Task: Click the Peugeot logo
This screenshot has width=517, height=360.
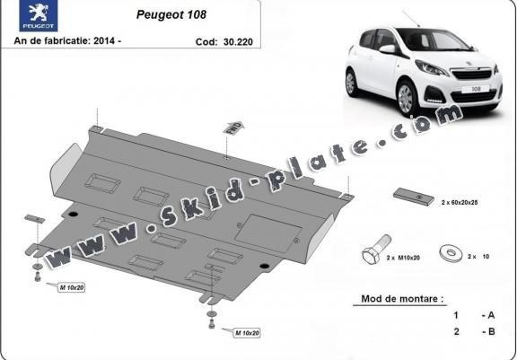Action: (39, 16)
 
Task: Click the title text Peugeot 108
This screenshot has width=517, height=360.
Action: (171, 15)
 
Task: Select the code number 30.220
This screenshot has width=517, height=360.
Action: (238, 42)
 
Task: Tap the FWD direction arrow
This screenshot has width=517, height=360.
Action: (233, 127)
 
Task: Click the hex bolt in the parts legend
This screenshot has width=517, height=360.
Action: (377, 250)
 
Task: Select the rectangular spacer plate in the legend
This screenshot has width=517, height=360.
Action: (414, 197)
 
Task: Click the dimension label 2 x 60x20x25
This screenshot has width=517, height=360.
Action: (460, 202)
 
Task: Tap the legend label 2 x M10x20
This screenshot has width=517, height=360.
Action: (403, 258)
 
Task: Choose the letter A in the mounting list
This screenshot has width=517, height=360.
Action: (491, 315)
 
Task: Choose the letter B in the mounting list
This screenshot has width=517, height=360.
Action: (491, 331)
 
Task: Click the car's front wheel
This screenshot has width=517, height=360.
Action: (406, 98)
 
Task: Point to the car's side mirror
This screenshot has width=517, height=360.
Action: (388, 49)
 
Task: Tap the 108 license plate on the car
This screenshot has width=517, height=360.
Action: (475, 89)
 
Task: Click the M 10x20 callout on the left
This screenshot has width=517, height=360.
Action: (72, 287)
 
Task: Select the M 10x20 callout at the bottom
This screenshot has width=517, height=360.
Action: (247, 333)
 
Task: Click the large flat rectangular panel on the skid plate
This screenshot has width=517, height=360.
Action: (267, 233)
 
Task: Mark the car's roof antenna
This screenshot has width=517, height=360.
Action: (411, 19)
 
